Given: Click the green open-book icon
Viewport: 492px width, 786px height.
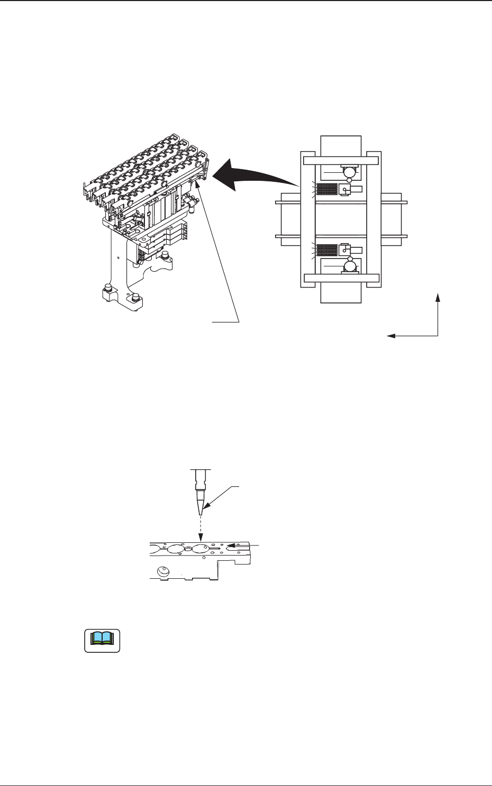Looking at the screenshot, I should (102, 640).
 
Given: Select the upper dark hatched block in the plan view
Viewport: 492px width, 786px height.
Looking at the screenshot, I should (326, 189).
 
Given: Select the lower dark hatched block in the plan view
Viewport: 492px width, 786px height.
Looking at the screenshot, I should (326, 250).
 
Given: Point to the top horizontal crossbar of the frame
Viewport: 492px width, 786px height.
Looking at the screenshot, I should (340, 160).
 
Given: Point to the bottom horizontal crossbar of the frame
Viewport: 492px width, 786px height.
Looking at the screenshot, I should (340, 278).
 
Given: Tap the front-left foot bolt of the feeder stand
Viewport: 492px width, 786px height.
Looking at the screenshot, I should (108, 289).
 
